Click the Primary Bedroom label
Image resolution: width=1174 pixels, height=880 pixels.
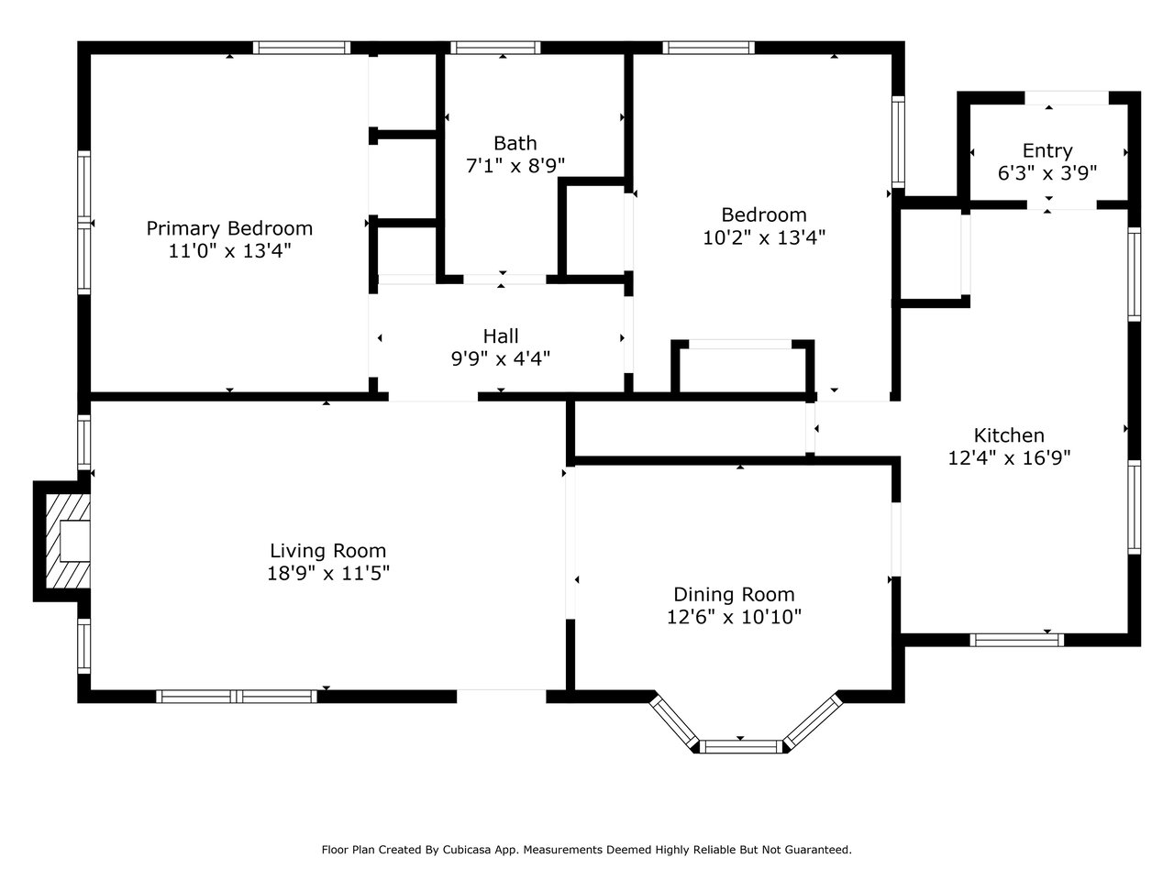coord(229,228)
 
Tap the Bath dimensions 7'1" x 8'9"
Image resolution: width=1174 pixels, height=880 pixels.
coord(515,166)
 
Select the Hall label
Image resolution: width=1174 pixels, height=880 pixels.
coord(501,336)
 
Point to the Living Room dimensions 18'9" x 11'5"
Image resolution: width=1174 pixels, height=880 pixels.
coord(327,573)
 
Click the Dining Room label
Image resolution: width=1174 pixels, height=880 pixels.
coord(734,595)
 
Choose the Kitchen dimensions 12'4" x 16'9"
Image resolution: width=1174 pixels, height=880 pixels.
coord(1009,458)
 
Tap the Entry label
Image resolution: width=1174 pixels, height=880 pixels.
coord(1047,151)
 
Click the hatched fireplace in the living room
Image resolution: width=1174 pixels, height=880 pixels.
coord(68,541)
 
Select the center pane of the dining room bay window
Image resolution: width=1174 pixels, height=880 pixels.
coord(741,746)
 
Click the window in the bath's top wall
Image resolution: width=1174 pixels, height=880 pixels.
coord(495,48)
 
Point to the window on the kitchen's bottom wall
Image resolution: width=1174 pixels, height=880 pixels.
coord(1016,640)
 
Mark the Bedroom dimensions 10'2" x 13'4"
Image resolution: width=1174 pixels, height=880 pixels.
coord(764,237)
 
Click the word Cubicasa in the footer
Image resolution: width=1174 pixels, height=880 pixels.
coord(464,850)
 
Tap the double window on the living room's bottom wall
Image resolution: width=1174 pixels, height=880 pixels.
coord(237,696)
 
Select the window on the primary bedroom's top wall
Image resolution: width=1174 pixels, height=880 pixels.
coord(302,48)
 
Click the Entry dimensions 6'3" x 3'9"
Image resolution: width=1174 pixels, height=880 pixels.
coord(1047,173)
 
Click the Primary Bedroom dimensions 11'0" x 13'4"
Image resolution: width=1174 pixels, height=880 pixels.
coord(229,250)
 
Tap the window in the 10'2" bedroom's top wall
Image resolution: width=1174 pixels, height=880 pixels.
coord(709,48)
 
